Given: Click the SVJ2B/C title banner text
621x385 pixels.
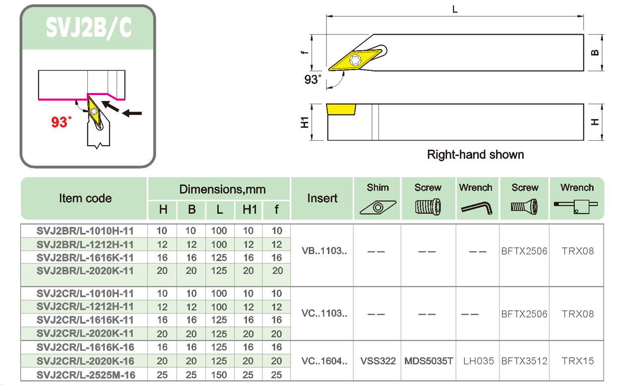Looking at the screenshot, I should click(x=88, y=28).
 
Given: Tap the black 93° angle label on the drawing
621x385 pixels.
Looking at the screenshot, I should click(x=313, y=79).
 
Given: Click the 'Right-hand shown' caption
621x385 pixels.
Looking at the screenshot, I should click(x=475, y=155).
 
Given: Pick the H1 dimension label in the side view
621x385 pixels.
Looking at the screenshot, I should click(x=305, y=122).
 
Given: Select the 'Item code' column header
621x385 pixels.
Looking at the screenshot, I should click(x=85, y=198).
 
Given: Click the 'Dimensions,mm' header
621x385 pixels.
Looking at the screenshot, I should click(x=222, y=189).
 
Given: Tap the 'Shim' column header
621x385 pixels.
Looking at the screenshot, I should click(x=378, y=187).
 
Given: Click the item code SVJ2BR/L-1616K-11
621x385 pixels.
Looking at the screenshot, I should click(x=85, y=258).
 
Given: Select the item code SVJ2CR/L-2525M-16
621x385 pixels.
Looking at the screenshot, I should click(x=85, y=375).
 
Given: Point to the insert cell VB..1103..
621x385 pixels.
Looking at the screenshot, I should click(x=324, y=251).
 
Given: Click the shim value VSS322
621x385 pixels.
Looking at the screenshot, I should click(x=378, y=361).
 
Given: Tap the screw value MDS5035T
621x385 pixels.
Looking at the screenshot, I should click(x=429, y=361).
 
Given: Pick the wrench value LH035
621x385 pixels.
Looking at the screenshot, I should click(x=478, y=361).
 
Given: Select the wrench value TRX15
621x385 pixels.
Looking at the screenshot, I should click(x=578, y=361).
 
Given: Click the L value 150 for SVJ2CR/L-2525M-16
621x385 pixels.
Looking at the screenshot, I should click(x=219, y=375).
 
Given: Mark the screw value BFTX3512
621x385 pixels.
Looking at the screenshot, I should click(x=524, y=361).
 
